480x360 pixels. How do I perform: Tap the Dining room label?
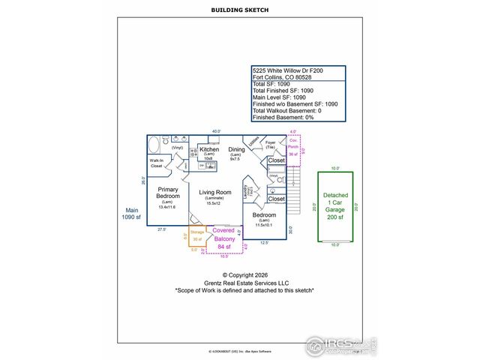coord(236,150)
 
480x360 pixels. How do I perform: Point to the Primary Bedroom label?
coord(168,192)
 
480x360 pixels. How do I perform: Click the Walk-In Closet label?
coord(157,163)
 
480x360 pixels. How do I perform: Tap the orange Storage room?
coord(197,238)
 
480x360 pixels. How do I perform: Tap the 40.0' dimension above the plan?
coord(216,131)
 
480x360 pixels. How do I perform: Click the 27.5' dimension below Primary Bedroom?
coord(161,229)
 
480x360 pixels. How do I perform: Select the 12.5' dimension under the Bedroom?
coord(264,242)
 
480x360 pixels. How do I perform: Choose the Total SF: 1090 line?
coord(271,84)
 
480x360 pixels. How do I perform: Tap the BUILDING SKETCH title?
coord(240,10)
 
